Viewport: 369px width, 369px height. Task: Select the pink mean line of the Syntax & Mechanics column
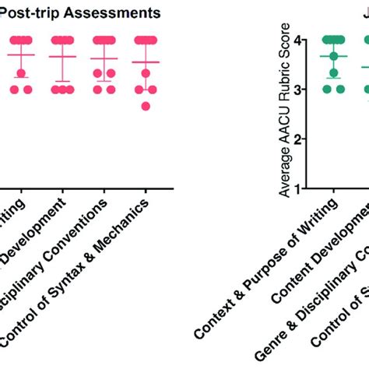tap(146, 61)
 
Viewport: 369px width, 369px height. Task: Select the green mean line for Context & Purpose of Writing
tap(333, 56)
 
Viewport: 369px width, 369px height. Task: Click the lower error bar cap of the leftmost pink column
tap(21, 77)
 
